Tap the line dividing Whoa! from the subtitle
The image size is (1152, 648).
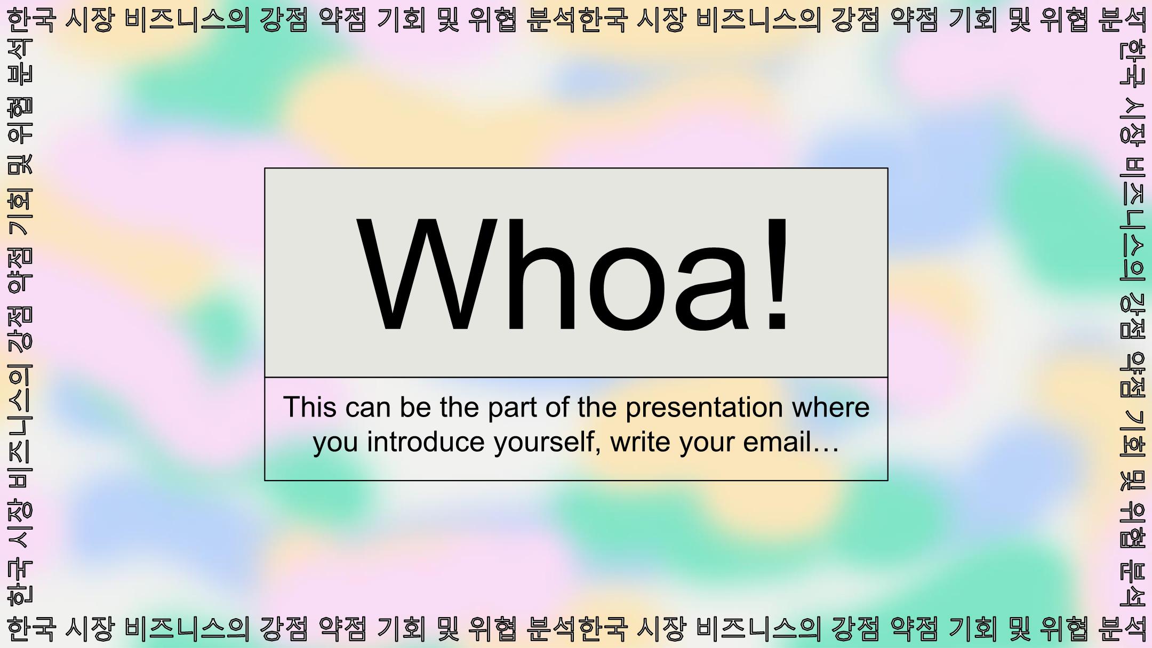pyautogui.click(x=576, y=377)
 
